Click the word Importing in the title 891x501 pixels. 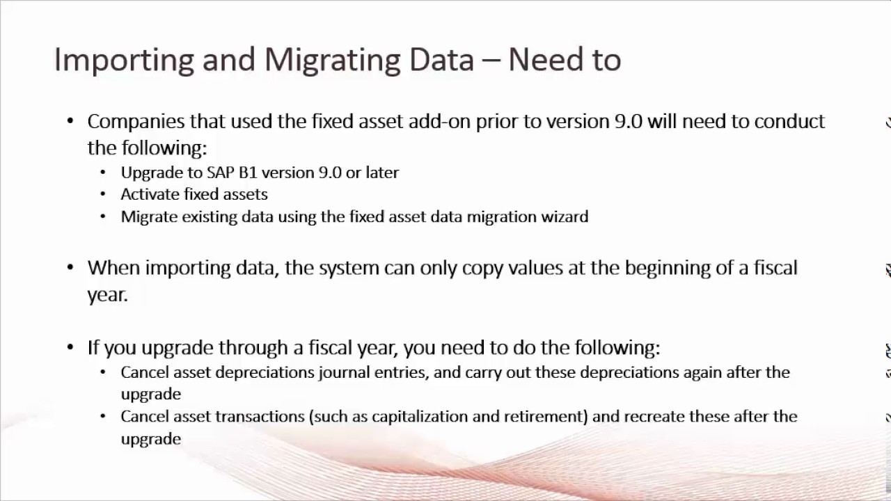point(123,60)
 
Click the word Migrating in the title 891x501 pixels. point(332,60)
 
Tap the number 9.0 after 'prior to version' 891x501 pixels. point(629,121)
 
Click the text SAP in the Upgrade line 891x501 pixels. point(221,173)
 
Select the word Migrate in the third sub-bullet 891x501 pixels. point(148,216)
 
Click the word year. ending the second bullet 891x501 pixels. point(107,294)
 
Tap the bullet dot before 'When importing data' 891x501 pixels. point(70,268)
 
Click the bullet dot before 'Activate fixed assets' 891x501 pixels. point(104,195)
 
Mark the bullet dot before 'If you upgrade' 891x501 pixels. point(70,347)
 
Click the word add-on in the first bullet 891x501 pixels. point(439,121)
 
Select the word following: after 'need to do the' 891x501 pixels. point(615,347)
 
